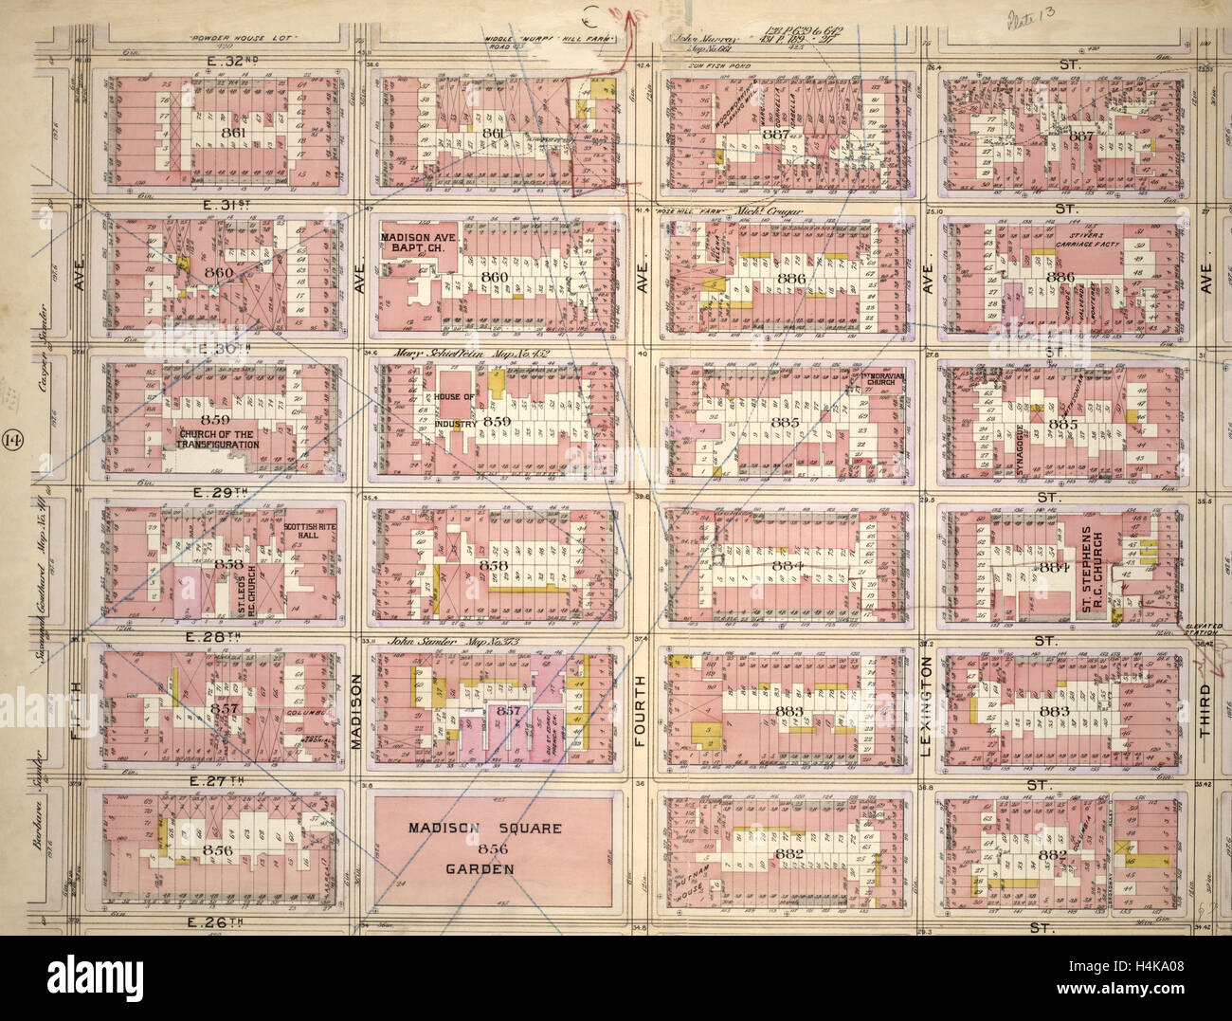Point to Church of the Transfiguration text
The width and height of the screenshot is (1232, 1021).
(218, 439)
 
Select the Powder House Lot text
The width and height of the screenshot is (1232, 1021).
(231, 39)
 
